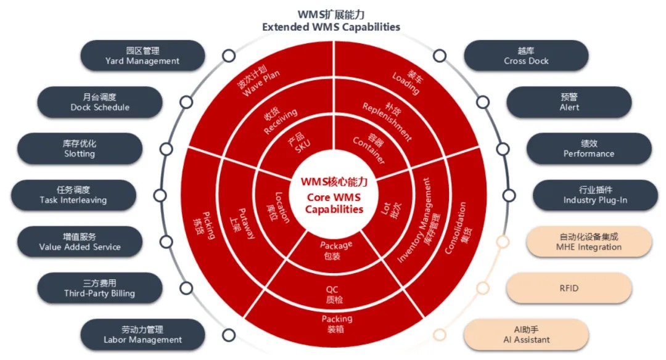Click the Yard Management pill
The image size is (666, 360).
coord(142,55)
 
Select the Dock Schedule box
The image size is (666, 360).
coord(100,102)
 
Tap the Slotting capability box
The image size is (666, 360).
coord(80,149)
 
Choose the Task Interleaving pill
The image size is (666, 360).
coord(73,195)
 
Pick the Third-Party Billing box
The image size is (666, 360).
coord(100,288)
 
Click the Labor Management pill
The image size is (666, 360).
coord(142,335)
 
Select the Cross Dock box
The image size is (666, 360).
coord(526,55)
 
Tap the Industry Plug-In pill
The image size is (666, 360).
coord(595,195)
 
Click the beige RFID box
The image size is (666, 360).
coord(569,288)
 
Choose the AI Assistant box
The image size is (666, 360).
coord(526,335)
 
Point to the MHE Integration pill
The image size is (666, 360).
coord(589,242)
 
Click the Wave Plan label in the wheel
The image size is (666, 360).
coord(258,81)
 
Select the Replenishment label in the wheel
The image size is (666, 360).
coord(387,121)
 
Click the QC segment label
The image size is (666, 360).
coord(334,295)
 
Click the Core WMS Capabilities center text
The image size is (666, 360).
coord(334,203)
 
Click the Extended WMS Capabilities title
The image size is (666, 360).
coord(331,27)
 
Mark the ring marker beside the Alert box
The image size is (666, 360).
coord(482,102)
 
